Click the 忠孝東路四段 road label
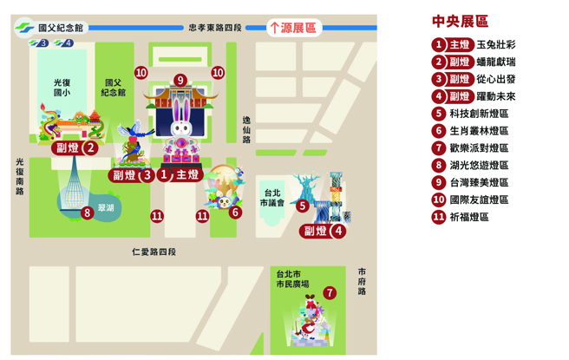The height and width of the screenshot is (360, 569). pyautogui.click(x=215, y=27)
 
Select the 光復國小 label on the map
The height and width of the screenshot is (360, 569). pyautogui.click(x=62, y=87)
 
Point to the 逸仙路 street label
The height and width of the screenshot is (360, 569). pyautogui.click(x=246, y=128)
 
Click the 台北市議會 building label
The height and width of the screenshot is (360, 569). pyautogui.click(x=272, y=198)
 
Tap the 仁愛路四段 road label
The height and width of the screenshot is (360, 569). pyautogui.click(x=154, y=252)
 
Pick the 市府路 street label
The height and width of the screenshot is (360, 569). pyautogui.click(x=362, y=281)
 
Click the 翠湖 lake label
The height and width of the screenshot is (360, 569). pyautogui.click(x=106, y=208)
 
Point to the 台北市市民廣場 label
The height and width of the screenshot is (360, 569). pyautogui.click(x=292, y=278)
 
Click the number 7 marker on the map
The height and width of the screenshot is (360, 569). pyautogui.click(x=330, y=292)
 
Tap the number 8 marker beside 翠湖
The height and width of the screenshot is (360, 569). pyautogui.click(x=87, y=213)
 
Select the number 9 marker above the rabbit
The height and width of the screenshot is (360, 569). pyautogui.click(x=180, y=81)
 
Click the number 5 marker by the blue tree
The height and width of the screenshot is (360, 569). pyautogui.click(x=303, y=206)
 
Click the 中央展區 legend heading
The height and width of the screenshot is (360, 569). pyautogui.click(x=460, y=22)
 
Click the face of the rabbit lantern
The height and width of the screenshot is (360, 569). pyautogui.click(x=180, y=129)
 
